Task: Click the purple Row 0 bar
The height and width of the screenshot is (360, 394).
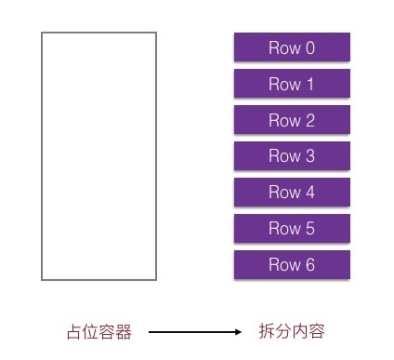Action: coord(292,47)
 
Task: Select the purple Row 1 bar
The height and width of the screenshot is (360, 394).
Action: coord(292,84)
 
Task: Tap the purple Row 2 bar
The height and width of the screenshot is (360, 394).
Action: coord(292,120)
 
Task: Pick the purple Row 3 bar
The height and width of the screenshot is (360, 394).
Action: coord(292,156)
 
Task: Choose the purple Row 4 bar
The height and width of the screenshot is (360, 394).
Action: coord(292,193)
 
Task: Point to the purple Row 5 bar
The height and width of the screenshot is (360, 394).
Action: coord(292,229)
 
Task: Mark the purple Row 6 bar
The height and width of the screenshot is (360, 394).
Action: coord(292,265)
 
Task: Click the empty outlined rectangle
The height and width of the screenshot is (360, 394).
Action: coord(98,155)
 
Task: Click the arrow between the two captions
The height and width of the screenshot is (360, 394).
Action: coord(194,331)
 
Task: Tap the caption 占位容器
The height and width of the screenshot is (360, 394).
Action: coord(99,331)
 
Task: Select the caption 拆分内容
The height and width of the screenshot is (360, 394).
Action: coord(291,331)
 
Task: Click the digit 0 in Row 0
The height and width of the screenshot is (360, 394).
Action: coord(310,48)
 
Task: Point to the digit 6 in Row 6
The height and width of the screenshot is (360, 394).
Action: coord(310,265)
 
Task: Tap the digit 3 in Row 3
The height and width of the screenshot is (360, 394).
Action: coord(310,156)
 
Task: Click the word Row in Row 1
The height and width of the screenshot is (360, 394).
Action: coord(284,84)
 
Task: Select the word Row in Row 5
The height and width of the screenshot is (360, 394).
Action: coord(284,229)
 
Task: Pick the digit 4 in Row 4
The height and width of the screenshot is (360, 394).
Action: coord(310,193)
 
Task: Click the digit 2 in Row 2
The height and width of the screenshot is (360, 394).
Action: coord(310,120)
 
